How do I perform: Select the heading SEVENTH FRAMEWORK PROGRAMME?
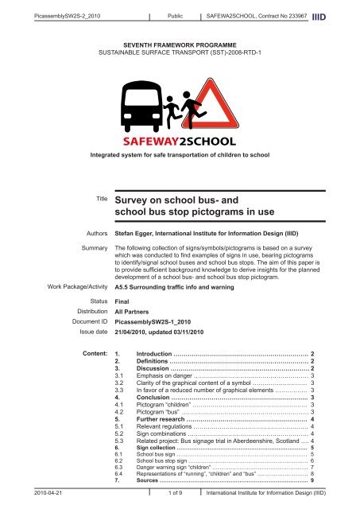180,47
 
